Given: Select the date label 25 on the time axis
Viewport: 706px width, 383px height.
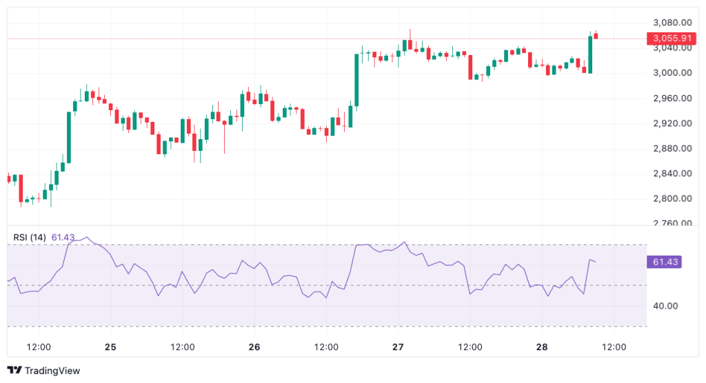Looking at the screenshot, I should [x=110, y=347].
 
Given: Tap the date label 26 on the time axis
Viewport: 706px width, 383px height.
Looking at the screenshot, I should [x=254, y=347].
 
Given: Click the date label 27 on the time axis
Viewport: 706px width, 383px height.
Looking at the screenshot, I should [x=399, y=347].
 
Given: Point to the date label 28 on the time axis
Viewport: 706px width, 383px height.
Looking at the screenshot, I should [x=542, y=347].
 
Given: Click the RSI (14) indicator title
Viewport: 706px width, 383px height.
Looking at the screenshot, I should [x=30, y=238].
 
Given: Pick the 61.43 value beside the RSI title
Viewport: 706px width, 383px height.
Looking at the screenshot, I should [x=63, y=238].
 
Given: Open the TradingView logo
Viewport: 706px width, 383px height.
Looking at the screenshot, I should [x=44, y=371].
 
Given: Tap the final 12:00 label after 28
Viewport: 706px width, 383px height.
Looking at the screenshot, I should [x=614, y=347].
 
